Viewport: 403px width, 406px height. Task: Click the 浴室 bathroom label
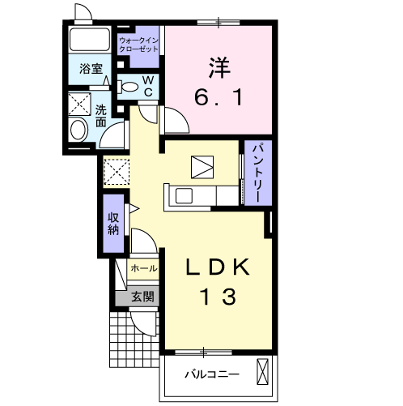[91, 69]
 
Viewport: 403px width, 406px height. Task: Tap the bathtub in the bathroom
[90, 39]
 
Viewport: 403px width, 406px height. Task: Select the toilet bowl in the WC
[128, 87]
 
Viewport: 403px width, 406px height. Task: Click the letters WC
[148, 86]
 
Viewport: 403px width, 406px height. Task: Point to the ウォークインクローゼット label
[138, 45]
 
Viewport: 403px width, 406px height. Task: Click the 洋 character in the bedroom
[219, 67]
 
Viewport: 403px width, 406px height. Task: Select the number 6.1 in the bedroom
[218, 97]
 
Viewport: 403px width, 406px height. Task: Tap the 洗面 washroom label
[100, 116]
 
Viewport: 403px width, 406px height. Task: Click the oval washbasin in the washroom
[78, 130]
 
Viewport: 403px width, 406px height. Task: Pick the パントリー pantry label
[258, 173]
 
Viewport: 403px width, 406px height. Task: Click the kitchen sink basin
[184, 196]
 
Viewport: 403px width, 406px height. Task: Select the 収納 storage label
[113, 224]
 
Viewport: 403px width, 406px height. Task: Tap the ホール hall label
[143, 268]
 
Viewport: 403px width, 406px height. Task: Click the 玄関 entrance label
[142, 297]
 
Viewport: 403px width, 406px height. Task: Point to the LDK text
[218, 267]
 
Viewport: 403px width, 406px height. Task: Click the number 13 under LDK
[218, 297]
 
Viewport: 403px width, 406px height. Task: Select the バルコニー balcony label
[212, 374]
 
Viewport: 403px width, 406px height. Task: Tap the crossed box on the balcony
[262, 371]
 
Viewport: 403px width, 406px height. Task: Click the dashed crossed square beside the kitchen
[117, 172]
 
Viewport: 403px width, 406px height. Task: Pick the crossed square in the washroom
[79, 105]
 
